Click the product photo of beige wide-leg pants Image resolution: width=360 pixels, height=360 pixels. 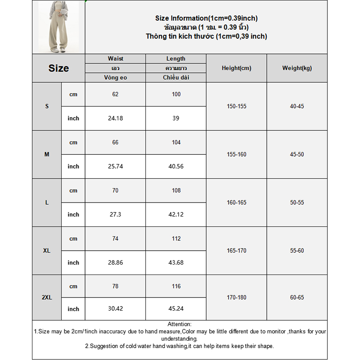(58, 27)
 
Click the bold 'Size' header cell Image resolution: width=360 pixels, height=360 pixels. (58, 68)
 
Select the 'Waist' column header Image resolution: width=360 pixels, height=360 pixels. (115, 58)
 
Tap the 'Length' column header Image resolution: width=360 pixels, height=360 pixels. (175, 58)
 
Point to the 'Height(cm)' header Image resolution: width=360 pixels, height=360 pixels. (236, 68)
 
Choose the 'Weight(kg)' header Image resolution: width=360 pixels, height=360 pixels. (297, 68)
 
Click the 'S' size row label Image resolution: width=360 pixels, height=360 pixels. (47, 106)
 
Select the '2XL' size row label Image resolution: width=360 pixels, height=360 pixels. (47, 297)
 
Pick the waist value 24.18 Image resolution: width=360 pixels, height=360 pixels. (115, 118)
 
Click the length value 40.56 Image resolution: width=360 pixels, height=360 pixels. (175, 166)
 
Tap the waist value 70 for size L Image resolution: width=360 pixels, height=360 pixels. (115, 190)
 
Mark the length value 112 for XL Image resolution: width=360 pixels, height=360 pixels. (175, 238)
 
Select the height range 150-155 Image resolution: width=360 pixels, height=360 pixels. (236, 106)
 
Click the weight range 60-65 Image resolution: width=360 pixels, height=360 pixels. (297, 297)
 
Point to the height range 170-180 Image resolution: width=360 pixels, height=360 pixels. (236, 297)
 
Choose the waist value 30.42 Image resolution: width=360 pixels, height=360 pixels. (115, 309)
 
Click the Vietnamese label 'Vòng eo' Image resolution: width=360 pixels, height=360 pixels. (115, 77)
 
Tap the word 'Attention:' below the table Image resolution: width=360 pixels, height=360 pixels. (180, 324)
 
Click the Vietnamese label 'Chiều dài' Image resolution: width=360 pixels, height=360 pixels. (175, 77)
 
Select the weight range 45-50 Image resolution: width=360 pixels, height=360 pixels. (297, 154)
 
